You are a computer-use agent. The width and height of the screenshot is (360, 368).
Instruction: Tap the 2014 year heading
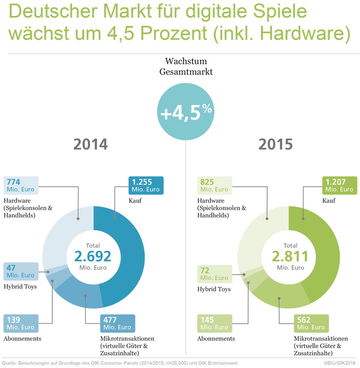90,145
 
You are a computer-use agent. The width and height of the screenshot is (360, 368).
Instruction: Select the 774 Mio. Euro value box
21,186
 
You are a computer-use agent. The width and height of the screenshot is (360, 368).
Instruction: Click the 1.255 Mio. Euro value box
146,186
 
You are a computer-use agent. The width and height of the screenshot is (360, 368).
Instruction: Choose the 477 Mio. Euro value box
117,323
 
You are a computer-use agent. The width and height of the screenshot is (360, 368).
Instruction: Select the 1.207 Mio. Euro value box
339,186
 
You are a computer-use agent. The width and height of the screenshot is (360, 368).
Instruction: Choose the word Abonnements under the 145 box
215,338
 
